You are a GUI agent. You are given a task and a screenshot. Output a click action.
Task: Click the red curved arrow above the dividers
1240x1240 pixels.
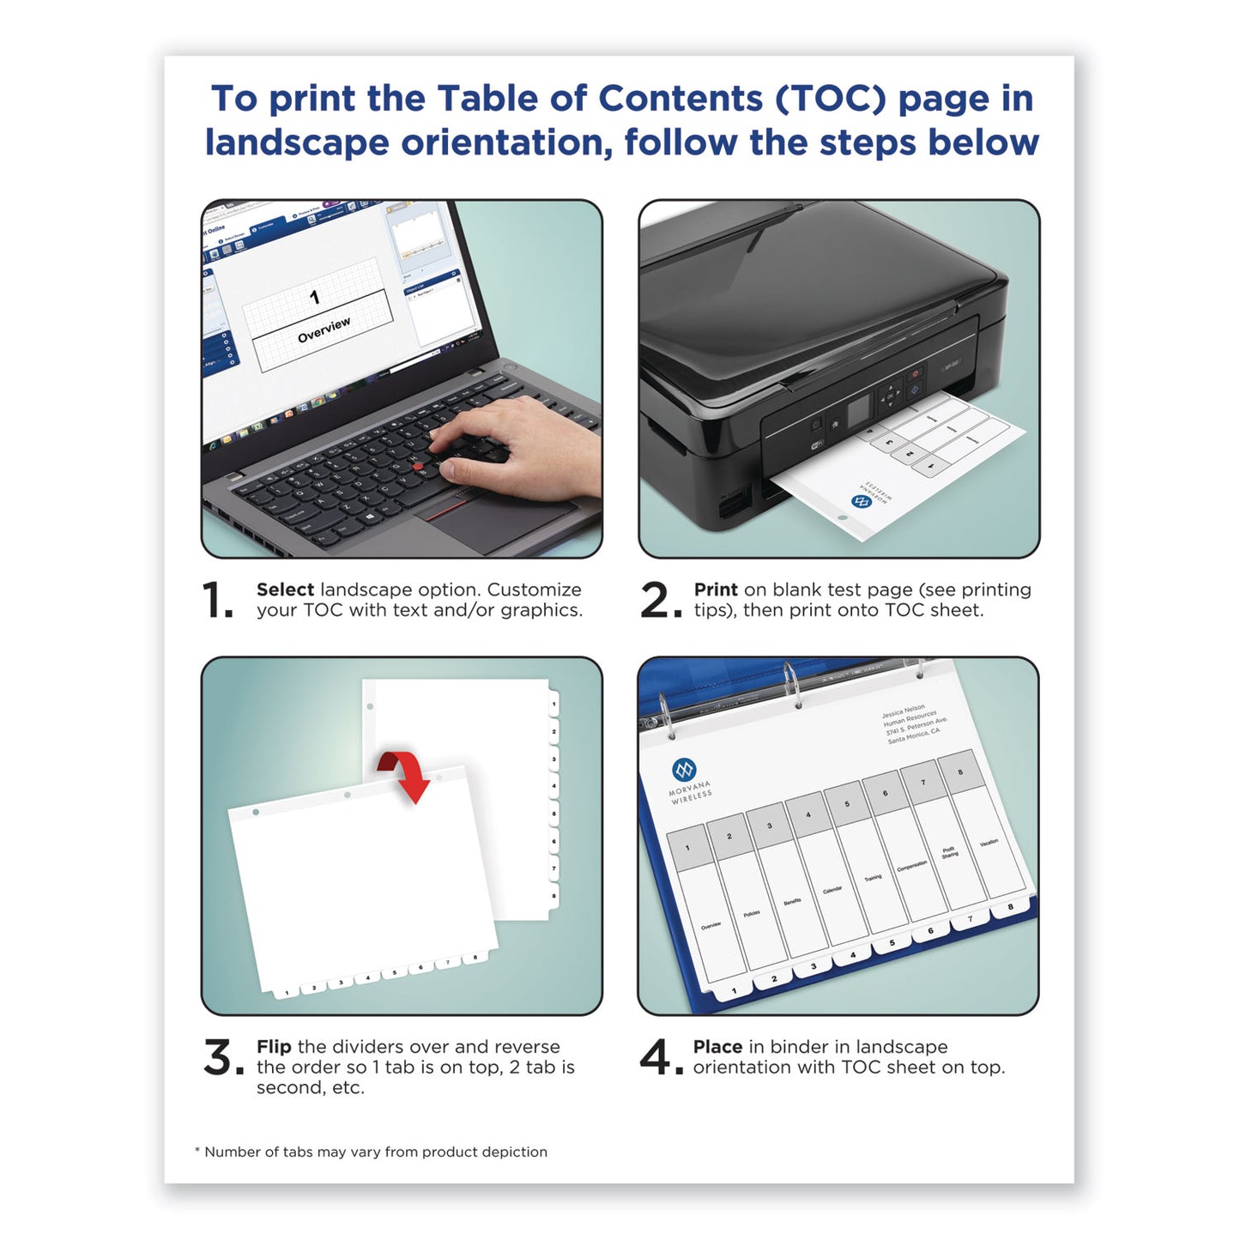pyautogui.click(x=406, y=772)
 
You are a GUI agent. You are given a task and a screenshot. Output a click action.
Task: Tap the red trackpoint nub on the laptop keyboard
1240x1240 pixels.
pyautogui.click(x=418, y=467)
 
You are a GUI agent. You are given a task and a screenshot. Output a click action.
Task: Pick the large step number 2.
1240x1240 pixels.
pyautogui.click(x=658, y=600)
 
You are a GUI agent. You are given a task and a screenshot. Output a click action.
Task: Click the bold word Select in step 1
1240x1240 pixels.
pyautogui.click(x=285, y=590)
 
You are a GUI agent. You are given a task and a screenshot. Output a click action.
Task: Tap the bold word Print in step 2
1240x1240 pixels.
pyautogui.click(x=715, y=590)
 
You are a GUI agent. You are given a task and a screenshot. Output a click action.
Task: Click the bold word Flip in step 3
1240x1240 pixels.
pyautogui.click(x=274, y=1047)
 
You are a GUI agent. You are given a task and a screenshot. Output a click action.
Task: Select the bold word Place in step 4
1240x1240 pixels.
pyautogui.click(x=717, y=1047)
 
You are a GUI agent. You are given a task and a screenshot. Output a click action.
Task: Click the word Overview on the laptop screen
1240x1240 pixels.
pyautogui.click(x=324, y=330)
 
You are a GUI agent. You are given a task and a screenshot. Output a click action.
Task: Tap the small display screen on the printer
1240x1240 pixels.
pyautogui.click(x=858, y=413)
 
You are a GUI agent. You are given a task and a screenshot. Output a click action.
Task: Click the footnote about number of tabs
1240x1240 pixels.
pyautogui.click(x=371, y=1152)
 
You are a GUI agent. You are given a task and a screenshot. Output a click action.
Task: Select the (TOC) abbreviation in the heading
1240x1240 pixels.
pyautogui.click(x=830, y=99)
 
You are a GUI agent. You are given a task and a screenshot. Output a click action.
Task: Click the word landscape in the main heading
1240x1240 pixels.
pyautogui.click(x=296, y=142)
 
